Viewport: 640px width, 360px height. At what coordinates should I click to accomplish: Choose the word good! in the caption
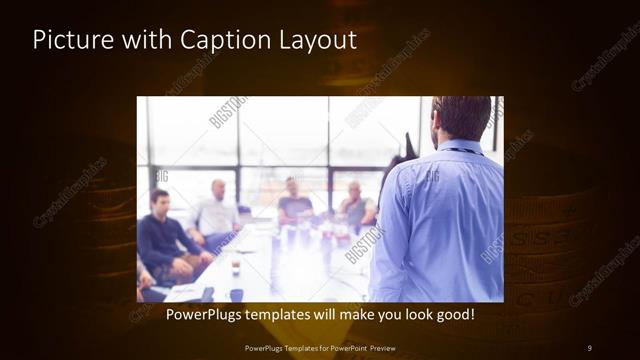pyautogui.click(x=453, y=314)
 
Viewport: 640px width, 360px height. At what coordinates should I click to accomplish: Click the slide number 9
pyautogui.click(x=589, y=347)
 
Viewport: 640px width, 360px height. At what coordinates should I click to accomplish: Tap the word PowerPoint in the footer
pyautogui.click(x=346, y=347)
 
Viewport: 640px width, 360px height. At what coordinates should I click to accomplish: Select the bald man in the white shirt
pyautogui.click(x=215, y=213)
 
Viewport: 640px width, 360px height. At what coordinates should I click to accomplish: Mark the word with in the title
pyautogui.click(x=128, y=41)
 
